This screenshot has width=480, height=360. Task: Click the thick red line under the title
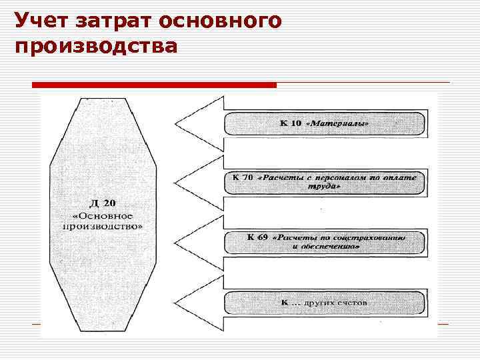point(154,85)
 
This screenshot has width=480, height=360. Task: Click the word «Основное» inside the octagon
point(103,215)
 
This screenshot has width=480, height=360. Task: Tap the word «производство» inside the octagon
point(103,226)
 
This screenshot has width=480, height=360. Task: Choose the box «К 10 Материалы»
point(324,124)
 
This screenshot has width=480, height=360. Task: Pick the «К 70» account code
point(243,177)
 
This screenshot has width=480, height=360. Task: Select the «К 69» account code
point(257,237)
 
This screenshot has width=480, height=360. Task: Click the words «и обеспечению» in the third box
point(325,247)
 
